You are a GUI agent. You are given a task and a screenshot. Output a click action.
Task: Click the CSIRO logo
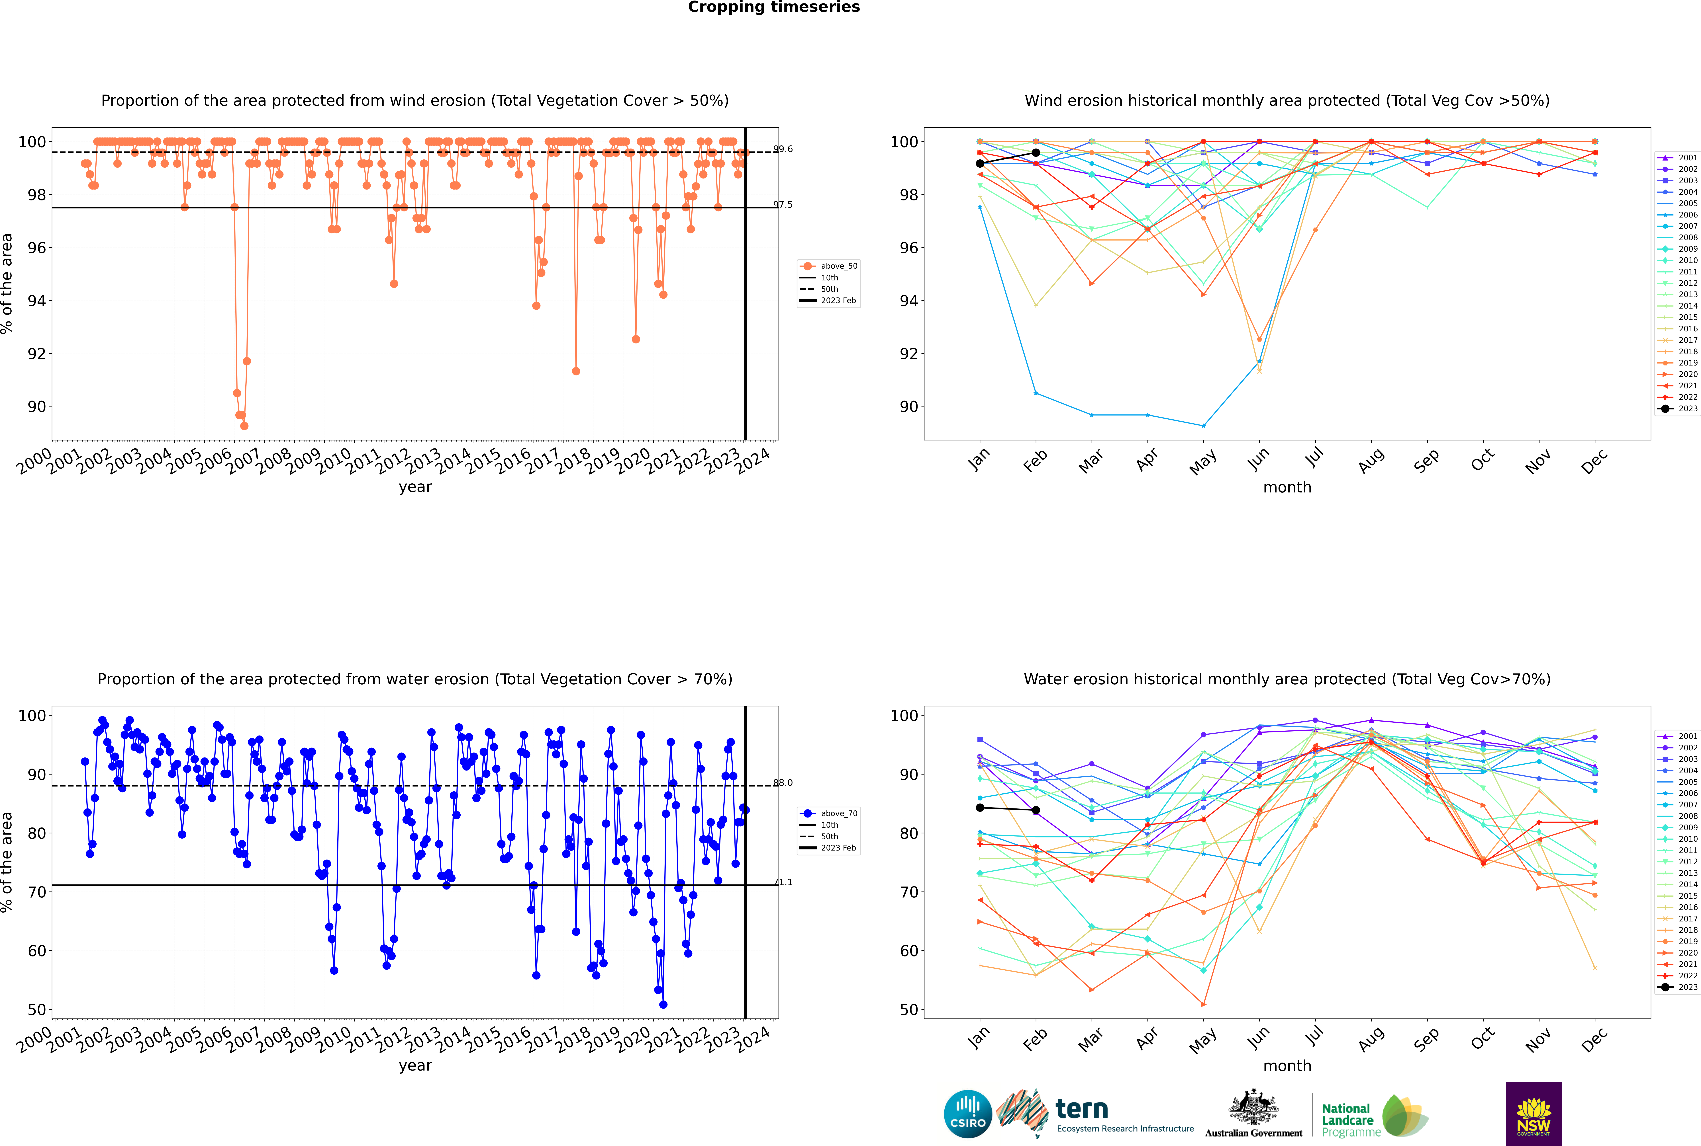(967, 1114)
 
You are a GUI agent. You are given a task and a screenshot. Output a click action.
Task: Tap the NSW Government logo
(1533, 1113)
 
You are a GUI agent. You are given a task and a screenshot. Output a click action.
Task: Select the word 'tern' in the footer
(1082, 1110)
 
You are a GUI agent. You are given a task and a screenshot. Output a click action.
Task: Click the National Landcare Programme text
(1348, 1120)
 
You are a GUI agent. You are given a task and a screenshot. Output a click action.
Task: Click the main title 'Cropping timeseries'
(774, 7)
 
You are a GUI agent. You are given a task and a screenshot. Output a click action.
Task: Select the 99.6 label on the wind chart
(783, 149)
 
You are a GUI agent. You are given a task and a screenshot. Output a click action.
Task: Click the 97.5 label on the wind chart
(783, 205)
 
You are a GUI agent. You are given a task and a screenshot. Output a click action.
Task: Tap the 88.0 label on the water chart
(783, 783)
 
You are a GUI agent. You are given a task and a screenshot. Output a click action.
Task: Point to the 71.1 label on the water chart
(783, 882)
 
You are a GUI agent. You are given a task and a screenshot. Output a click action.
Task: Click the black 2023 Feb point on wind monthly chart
(1036, 153)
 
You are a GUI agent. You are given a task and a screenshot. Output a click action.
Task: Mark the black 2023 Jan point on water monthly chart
(980, 808)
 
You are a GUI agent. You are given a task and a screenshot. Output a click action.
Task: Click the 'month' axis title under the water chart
(1287, 1066)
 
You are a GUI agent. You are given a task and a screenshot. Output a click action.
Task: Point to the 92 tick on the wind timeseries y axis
(36, 354)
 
